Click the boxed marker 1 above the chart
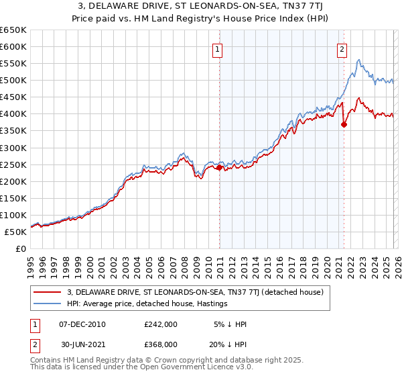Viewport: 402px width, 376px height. click(x=218, y=48)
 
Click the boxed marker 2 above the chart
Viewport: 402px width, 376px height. click(x=342, y=48)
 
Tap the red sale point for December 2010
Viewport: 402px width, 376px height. click(x=219, y=167)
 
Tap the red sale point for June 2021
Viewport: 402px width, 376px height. click(x=344, y=124)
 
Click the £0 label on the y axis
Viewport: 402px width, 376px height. click(x=21, y=249)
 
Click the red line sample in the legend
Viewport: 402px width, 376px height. click(x=48, y=293)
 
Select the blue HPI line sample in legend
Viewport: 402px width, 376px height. click(x=48, y=304)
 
